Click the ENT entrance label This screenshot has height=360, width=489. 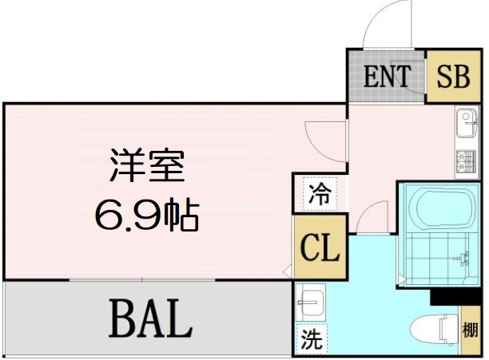[x=387, y=77]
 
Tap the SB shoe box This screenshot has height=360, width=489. [x=453, y=77]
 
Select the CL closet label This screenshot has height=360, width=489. [x=320, y=248]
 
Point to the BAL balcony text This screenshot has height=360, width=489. [x=150, y=318]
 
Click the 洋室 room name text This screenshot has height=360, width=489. [x=148, y=165]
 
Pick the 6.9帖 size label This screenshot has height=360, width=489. [x=147, y=214]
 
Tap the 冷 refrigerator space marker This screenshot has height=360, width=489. [x=320, y=194]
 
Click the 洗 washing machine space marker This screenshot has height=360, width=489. [x=312, y=339]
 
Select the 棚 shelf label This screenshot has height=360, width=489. [x=470, y=330]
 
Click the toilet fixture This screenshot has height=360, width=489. [x=434, y=330]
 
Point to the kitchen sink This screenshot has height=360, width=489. [x=467, y=123]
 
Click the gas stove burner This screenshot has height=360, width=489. [x=467, y=161]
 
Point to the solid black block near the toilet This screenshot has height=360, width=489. [x=455, y=297]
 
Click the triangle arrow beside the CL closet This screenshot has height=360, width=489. [x=287, y=271]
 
